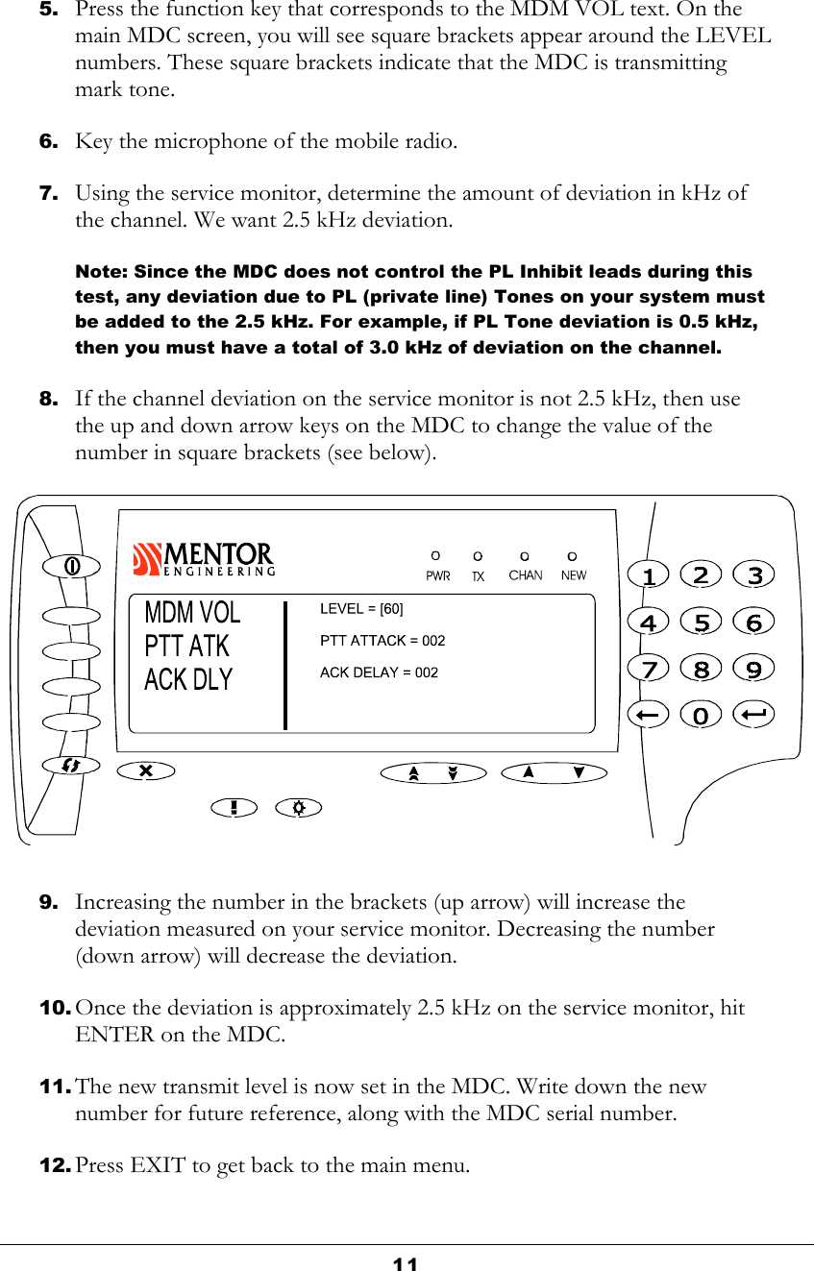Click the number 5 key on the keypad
click(x=703, y=622)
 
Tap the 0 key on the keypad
click(x=703, y=715)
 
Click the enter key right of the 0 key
click(x=754, y=715)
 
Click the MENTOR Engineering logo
click(x=204, y=558)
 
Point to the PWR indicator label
click(x=437, y=576)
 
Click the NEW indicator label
click(x=573, y=575)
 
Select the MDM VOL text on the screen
click(x=192, y=612)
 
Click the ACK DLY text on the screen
click(x=188, y=679)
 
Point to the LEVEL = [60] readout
click(x=361, y=609)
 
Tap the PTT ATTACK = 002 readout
click(x=382, y=641)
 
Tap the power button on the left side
click(x=72, y=566)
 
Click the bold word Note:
click(x=102, y=272)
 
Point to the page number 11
click(x=406, y=1263)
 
